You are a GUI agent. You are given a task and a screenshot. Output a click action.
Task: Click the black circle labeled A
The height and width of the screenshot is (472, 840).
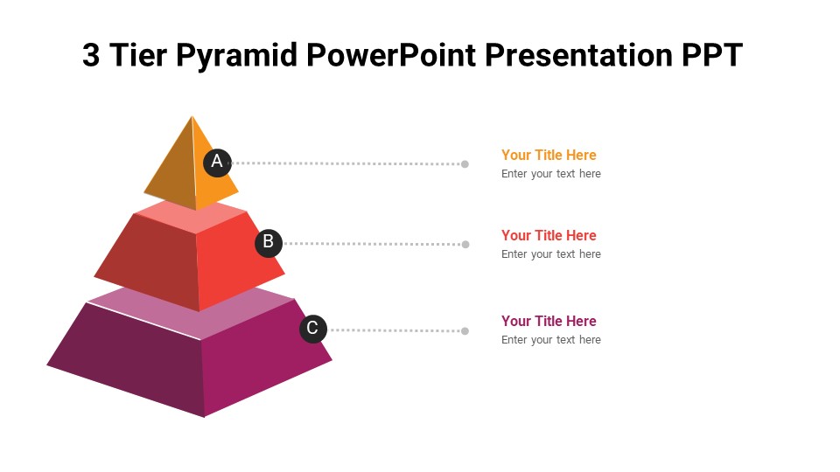tap(217, 162)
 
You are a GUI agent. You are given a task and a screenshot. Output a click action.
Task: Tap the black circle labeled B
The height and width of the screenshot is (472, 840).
tap(269, 243)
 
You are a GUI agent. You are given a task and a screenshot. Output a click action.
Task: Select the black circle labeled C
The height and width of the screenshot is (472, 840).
tap(312, 330)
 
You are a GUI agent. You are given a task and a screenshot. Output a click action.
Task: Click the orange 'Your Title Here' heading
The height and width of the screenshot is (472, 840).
tap(549, 155)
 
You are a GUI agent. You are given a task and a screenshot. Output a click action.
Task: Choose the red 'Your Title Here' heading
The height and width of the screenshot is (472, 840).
tap(549, 235)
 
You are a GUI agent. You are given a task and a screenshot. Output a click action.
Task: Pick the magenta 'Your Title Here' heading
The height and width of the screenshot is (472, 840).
tap(549, 321)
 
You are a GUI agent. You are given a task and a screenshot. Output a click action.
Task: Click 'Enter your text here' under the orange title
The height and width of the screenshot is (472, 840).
tap(551, 174)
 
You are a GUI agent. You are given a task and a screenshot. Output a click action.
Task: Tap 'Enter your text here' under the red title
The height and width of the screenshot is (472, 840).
tap(551, 254)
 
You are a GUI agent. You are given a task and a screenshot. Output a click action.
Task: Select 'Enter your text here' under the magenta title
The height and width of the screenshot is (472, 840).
tap(551, 340)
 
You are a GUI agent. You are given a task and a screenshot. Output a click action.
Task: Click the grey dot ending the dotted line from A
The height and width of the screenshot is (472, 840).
tap(465, 163)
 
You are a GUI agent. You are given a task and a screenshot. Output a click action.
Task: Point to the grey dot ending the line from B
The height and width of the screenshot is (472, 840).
tap(465, 244)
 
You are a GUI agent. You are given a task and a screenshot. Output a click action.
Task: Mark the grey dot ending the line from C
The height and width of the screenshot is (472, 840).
tap(465, 330)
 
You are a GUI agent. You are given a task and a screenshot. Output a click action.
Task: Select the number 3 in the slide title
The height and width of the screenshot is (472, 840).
tap(91, 55)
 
